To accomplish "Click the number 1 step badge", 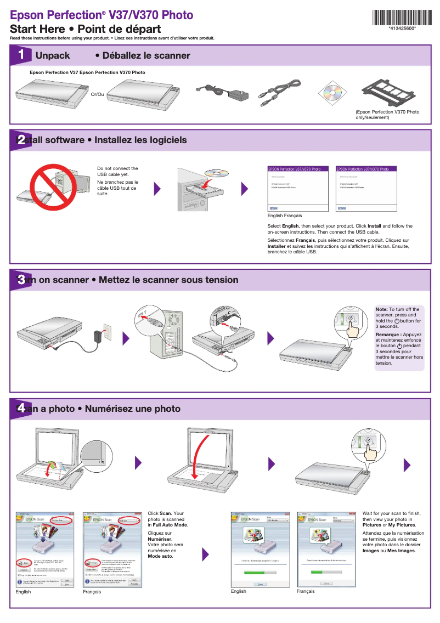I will click(x=21, y=55).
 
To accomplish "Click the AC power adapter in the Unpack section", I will click(x=221, y=91).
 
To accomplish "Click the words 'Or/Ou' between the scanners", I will click(x=97, y=94).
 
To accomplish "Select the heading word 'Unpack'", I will click(x=53, y=55).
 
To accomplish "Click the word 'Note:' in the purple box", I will click(x=381, y=309).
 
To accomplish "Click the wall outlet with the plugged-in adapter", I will click(x=106, y=331).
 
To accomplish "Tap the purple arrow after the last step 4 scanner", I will click(x=407, y=465).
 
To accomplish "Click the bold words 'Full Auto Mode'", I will click(x=170, y=525).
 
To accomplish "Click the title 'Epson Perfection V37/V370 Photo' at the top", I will click(x=102, y=15).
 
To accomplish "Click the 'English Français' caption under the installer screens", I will click(x=284, y=216).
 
